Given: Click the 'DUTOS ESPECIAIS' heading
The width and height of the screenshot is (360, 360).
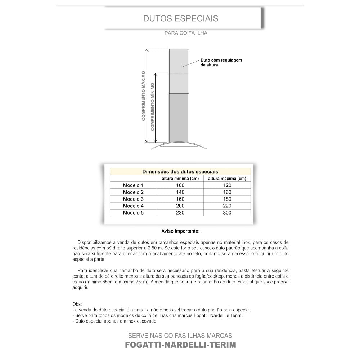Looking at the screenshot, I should click(x=181, y=18).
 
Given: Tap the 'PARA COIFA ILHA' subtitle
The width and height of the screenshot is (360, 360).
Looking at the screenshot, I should click(x=186, y=33).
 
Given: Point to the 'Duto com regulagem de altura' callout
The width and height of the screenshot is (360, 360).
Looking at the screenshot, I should click(x=221, y=63).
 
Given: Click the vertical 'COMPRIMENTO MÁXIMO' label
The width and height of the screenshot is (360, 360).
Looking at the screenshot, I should click(x=143, y=95).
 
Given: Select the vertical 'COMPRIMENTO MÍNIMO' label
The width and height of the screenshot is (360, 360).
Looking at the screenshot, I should click(x=152, y=107).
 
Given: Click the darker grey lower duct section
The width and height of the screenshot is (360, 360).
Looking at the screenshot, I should click(x=179, y=118).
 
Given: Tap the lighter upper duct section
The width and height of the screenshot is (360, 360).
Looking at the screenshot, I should click(x=179, y=71).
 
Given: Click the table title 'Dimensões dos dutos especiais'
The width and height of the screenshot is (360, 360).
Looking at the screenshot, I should click(x=180, y=172).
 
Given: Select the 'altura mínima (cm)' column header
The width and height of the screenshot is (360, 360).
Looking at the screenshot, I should click(x=180, y=179).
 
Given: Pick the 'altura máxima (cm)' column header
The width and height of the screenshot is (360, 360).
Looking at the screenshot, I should click(x=227, y=179).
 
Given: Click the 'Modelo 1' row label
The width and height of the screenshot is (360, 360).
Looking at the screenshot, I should click(x=133, y=185).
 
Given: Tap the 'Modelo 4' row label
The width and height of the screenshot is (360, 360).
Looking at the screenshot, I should click(x=133, y=206).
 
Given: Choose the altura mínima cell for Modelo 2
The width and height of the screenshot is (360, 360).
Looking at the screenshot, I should click(x=180, y=192).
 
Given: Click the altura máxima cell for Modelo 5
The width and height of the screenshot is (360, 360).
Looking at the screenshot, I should click(x=227, y=213).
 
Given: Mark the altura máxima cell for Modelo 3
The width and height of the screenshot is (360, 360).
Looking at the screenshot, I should click(x=227, y=199).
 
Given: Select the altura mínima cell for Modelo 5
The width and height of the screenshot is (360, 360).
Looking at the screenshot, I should click(x=180, y=213).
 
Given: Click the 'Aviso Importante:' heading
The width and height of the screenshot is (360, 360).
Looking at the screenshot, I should click(x=180, y=231).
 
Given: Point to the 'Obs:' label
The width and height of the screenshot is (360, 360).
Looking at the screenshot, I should click(x=77, y=304).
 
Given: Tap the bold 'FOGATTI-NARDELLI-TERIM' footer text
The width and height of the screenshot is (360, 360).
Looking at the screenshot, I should click(x=180, y=345).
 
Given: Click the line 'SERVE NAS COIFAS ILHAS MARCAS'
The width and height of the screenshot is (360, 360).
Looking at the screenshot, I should click(x=180, y=336).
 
